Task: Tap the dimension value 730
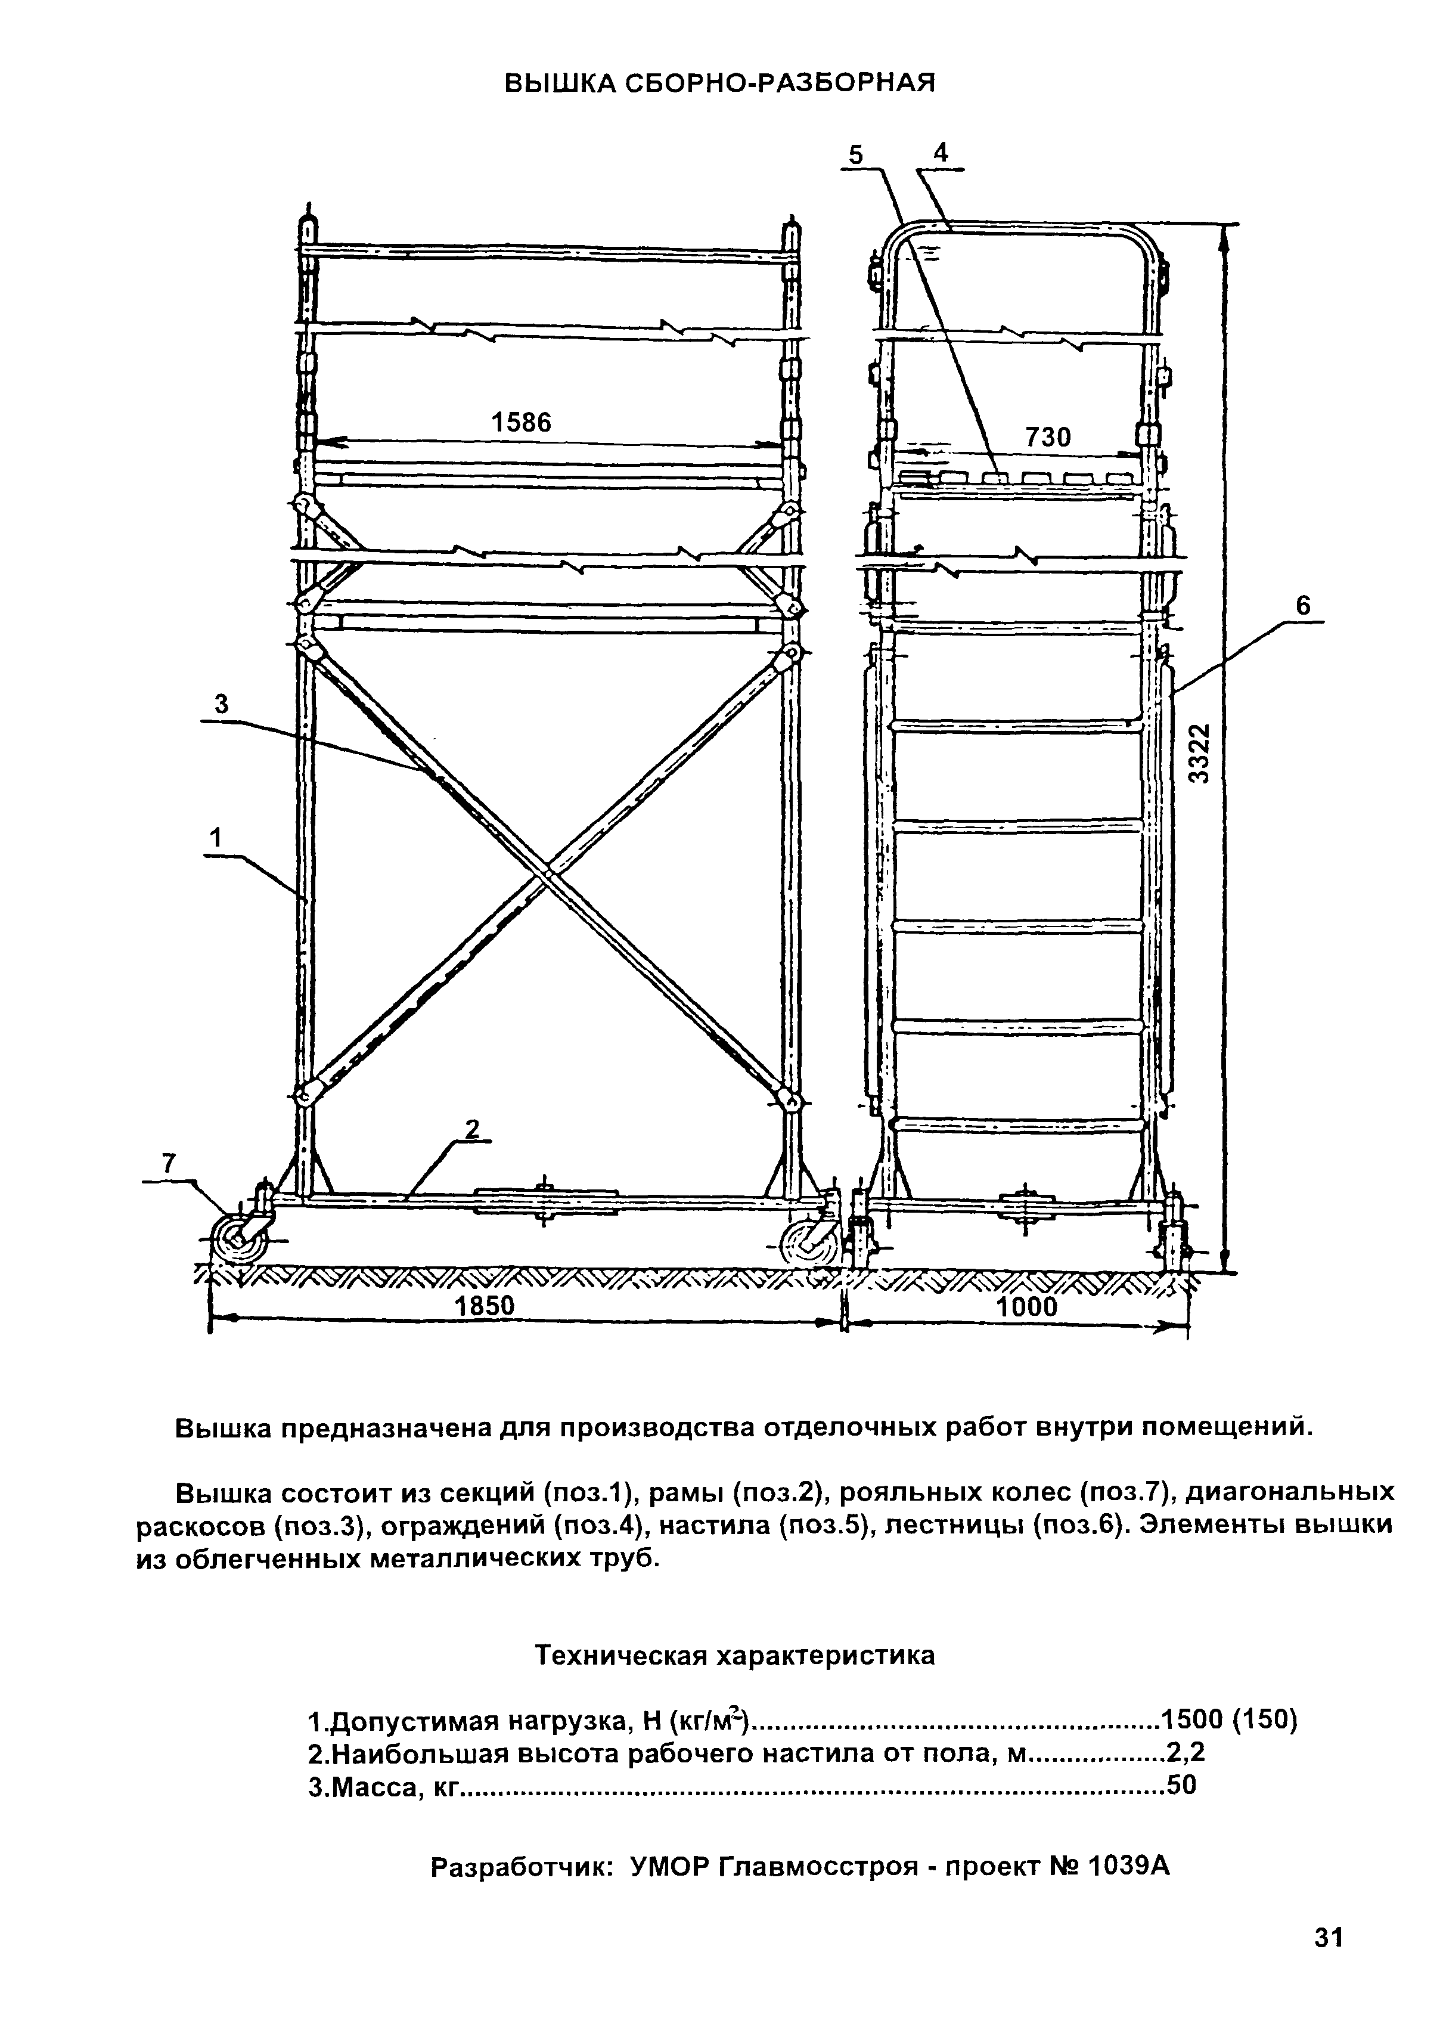pyautogui.click(x=1048, y=436)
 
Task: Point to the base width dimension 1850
pyautogui.click(x=485, y=1306)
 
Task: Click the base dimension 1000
pyautogui.click(x=1027, y=1306)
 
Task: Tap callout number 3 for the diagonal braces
pyautogui.click(x=221, y=704)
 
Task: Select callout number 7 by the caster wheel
pyautogui.click(x=168, y=1163)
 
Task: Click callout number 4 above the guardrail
pyautogui.click(x=941, y=152)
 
